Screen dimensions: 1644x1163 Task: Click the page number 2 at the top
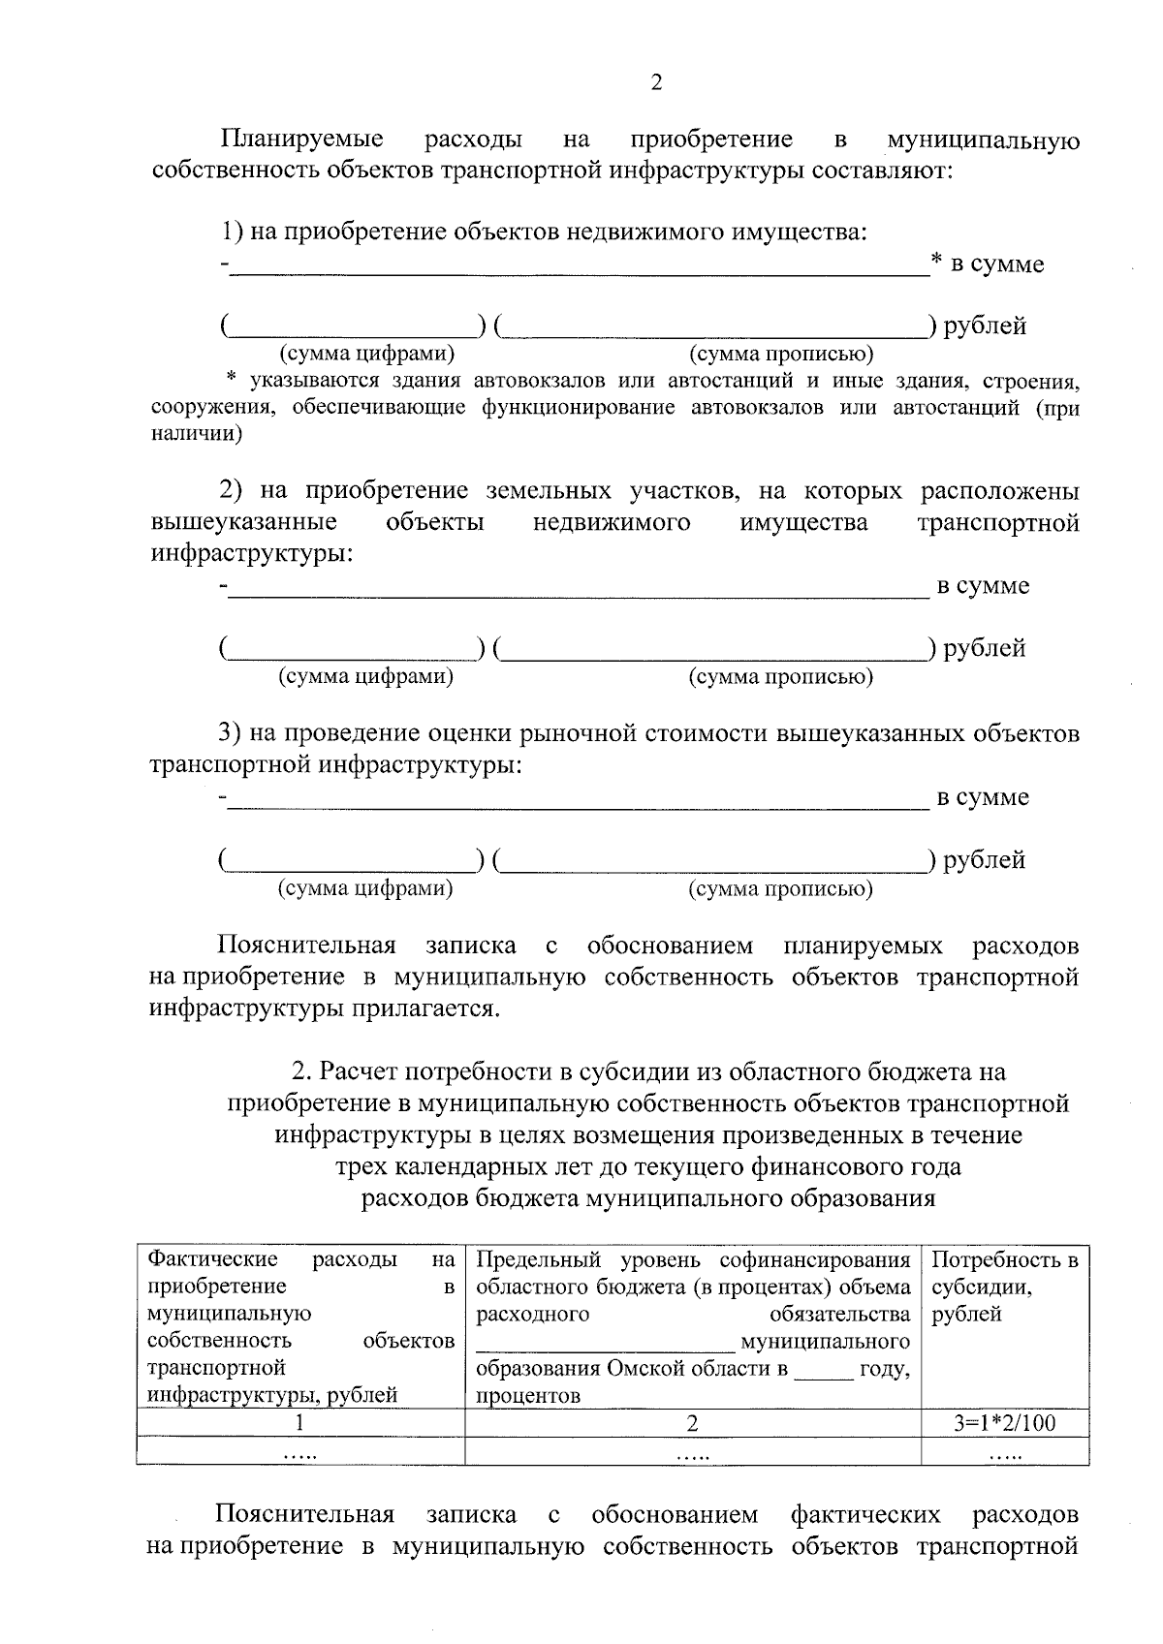coord(655,83)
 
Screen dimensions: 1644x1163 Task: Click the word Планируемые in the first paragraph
coord(300,140)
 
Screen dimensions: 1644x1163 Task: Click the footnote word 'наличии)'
coord(197,434)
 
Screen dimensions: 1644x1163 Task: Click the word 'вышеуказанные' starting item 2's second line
coord(244,523)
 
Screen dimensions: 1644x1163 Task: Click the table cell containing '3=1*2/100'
coord(1004,1423)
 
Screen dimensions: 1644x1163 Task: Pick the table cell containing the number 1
coord(300,1423)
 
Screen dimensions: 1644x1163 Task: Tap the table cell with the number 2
coord(692,1423)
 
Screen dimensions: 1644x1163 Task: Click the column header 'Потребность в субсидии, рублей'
coord(1004,1287)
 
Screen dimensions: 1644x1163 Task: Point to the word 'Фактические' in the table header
coord(212,1259)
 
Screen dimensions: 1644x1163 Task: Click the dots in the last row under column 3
coord(1004,1452)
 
